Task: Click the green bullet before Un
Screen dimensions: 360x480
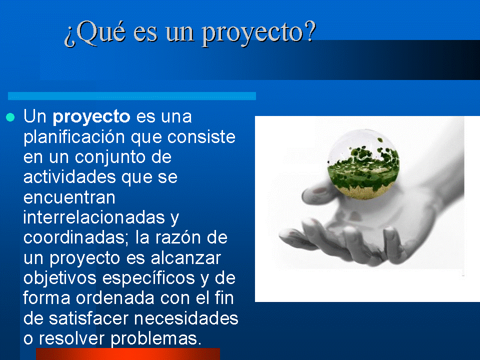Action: (x=9, y=118)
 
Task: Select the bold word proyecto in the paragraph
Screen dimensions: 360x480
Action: (x=91, y=117)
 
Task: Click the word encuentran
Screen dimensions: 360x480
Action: (x=69, y=197)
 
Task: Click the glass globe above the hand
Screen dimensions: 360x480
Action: (x=364, y=164)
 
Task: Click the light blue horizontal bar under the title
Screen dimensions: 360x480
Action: (x=132, y=95)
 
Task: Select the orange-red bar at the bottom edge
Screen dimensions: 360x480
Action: (x=128, y=354)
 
